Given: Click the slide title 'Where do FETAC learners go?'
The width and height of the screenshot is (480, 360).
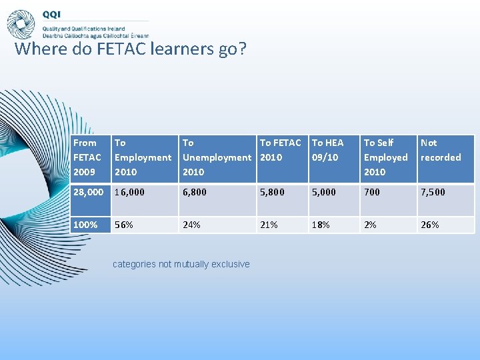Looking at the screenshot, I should tap(130, 49).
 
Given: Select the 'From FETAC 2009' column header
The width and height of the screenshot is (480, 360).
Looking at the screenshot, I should tap(88, 157).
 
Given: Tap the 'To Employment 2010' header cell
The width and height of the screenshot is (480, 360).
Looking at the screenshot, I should tap(143, 157).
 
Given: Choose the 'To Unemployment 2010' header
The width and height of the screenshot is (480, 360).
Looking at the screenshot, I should tap(217, 157).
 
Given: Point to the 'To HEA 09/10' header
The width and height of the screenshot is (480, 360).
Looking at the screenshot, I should tap(328, 150).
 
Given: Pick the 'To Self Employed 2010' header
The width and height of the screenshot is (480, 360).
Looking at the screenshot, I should tap(385, 157).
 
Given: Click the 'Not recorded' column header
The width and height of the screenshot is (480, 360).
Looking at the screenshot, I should tap(441, 150).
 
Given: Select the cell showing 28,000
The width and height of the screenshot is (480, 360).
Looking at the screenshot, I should tap(88, 192).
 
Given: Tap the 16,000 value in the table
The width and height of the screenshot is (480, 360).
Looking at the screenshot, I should tap(129, 192).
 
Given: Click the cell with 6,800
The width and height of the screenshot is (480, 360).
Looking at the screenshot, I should tap(195, 192).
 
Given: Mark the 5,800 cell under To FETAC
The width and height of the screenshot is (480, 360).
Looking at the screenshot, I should tap(272, 192).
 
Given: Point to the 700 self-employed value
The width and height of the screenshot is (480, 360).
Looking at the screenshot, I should tap(372, 192).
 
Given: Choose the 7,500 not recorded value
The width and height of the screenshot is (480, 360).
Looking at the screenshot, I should tap(433, 192).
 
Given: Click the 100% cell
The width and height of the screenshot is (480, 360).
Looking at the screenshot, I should tap(85, 225).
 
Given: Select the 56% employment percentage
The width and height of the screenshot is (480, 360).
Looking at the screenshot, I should tap(124, 225).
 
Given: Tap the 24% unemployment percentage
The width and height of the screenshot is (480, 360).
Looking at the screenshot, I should tap(191, 225).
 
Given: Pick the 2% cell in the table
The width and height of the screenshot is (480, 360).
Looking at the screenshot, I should tap(369, 225).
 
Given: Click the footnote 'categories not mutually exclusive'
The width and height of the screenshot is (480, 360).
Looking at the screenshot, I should tap(181, 264).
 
